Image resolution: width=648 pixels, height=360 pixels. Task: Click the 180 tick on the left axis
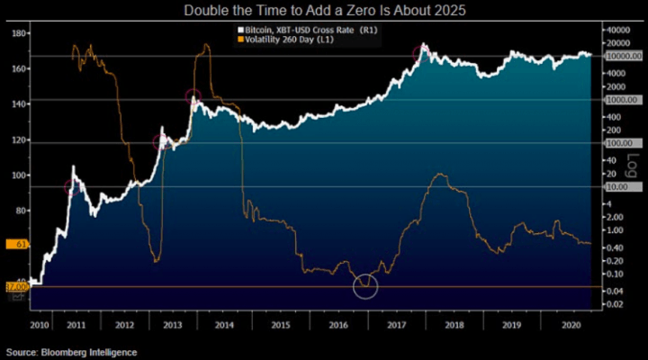tap(18, 33)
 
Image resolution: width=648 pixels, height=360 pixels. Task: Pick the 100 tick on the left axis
tap(18, 175)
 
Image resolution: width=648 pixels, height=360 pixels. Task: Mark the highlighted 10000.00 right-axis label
tap(624, 56)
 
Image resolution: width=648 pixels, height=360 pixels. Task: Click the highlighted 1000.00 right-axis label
tap(622, 100)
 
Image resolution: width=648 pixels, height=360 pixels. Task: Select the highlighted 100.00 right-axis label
tap(621, 143)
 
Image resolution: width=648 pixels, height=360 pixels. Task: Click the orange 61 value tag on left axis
tap(18, 244)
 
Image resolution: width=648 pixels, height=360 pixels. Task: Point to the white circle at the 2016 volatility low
tap(365, 286)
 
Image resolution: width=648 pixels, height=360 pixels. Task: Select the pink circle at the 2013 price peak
tap(193, 97)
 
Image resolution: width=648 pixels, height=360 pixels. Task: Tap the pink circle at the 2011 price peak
tap(74, 187)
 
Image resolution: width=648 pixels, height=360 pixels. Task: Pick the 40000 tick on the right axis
tap(618, 30)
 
